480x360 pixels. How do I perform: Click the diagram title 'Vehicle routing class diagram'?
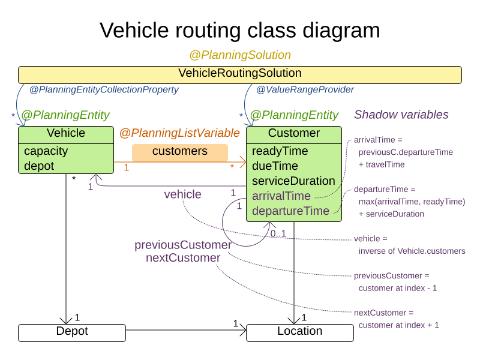[239, 30]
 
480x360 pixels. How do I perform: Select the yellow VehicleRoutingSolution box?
[239, 74]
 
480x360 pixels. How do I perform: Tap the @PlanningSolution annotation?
[239, 55]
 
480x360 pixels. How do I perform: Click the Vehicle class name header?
[66, 133]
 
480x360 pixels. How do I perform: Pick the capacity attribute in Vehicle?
[46, 151]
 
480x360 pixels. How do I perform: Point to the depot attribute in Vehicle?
[39, 166]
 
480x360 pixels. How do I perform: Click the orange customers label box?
[179, 152]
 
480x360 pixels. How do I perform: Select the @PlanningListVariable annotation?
[179, 133]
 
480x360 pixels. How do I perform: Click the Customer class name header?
[294, 133]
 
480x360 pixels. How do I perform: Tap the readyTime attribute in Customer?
[280, 151]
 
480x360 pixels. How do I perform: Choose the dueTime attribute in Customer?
[275, 166]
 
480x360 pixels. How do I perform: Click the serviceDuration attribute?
[293, 181]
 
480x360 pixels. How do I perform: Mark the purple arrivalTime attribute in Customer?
[281, 196]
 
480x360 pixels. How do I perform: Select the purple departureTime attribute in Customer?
[290, 211]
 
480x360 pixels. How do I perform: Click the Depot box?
[72, 331]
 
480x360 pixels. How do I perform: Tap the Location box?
[299, 331]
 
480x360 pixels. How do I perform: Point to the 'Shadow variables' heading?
[401, 115]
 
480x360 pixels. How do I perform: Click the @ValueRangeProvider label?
[305, 90]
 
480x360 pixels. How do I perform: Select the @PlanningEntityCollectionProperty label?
[104, 90]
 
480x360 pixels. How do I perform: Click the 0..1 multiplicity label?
[278, 233]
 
